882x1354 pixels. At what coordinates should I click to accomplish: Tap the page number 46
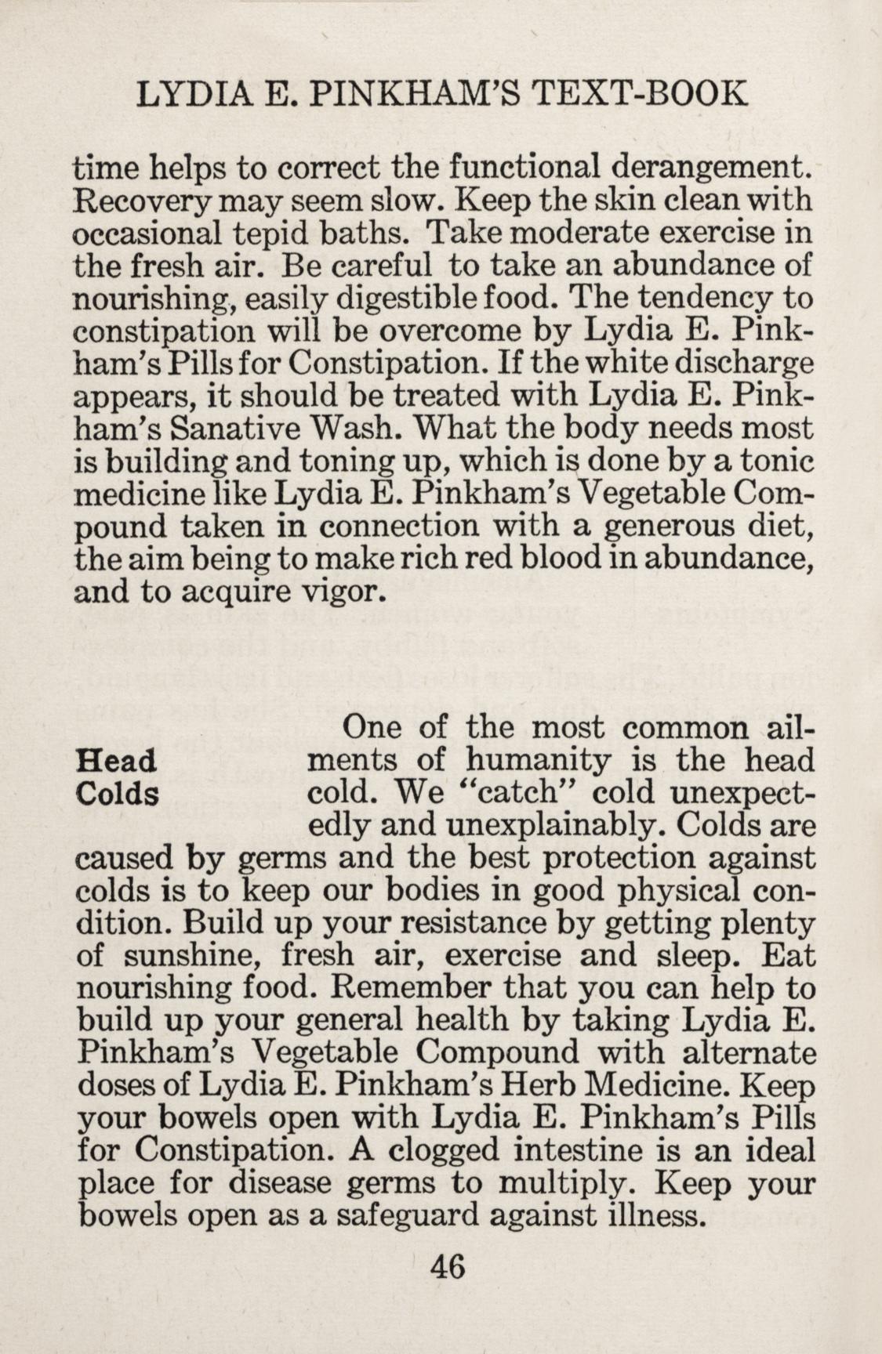(x=448, y=1266)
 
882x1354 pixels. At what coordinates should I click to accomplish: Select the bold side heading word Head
(x=116, y=761)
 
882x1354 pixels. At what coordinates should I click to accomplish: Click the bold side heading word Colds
(x=118, y=794)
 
